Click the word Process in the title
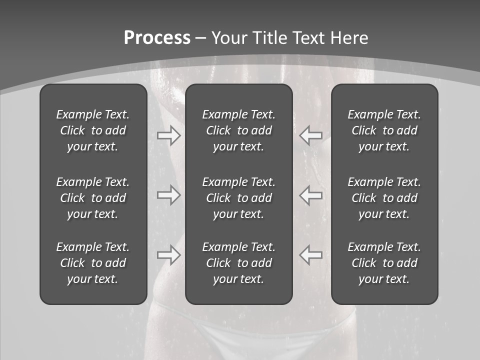[x=157, y=38]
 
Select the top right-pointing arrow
[x=168, y=135]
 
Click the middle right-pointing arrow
[x=168, y=195]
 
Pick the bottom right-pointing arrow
[x=168, y=255]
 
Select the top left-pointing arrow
[x=311, y=135]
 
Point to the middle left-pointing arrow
[x=311, y=195]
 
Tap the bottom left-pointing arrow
[x=311, y=255]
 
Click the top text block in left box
[x=93, y=130]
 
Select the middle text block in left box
[x=93, y=198]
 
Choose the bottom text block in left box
[x=93, y=263]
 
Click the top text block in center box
[x=238, y=130]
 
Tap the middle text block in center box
[x=238, y=198]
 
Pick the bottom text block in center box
[x=238, y=263]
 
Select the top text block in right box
[x=384, y=130]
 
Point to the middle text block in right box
[x=384, y=198]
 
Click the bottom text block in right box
[x=384, y=263]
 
